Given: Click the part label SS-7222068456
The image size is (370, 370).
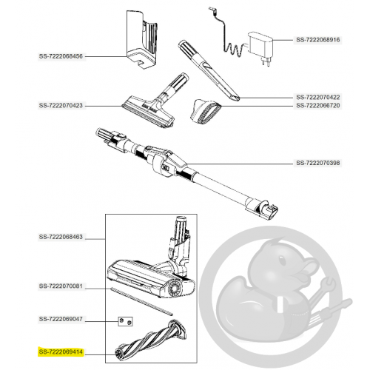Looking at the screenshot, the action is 61,56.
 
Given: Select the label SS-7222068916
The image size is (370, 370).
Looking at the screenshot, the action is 318,40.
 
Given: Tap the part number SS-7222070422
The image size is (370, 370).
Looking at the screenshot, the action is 318,97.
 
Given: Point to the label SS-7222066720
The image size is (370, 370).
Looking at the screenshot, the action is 318,105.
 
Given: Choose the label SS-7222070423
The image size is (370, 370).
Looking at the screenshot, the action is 61,106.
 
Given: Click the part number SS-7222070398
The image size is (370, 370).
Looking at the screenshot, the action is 318,163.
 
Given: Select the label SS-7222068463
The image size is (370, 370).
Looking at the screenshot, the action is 61,237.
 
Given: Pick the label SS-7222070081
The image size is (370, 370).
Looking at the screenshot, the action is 61,286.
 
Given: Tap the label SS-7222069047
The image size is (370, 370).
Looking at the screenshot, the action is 61,319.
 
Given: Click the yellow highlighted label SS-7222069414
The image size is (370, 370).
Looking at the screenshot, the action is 61,351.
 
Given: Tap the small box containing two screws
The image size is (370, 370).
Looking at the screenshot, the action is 125,321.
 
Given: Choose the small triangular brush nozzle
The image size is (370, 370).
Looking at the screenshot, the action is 206,112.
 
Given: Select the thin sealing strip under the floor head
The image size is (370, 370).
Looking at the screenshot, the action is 141,301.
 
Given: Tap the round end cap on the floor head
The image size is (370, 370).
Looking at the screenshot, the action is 175,288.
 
